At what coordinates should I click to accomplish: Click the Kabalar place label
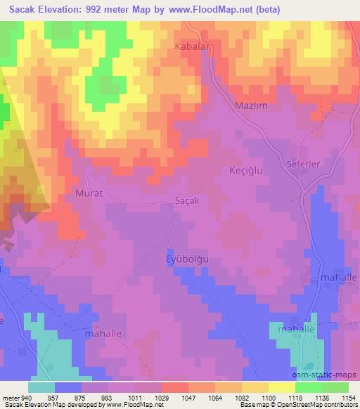point(189,46)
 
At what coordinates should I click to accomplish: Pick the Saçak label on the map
point(188,200)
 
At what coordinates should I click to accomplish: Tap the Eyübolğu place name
point(191,258)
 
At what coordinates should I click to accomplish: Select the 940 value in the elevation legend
point(27,397)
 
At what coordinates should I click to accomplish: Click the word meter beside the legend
point(11,397)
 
